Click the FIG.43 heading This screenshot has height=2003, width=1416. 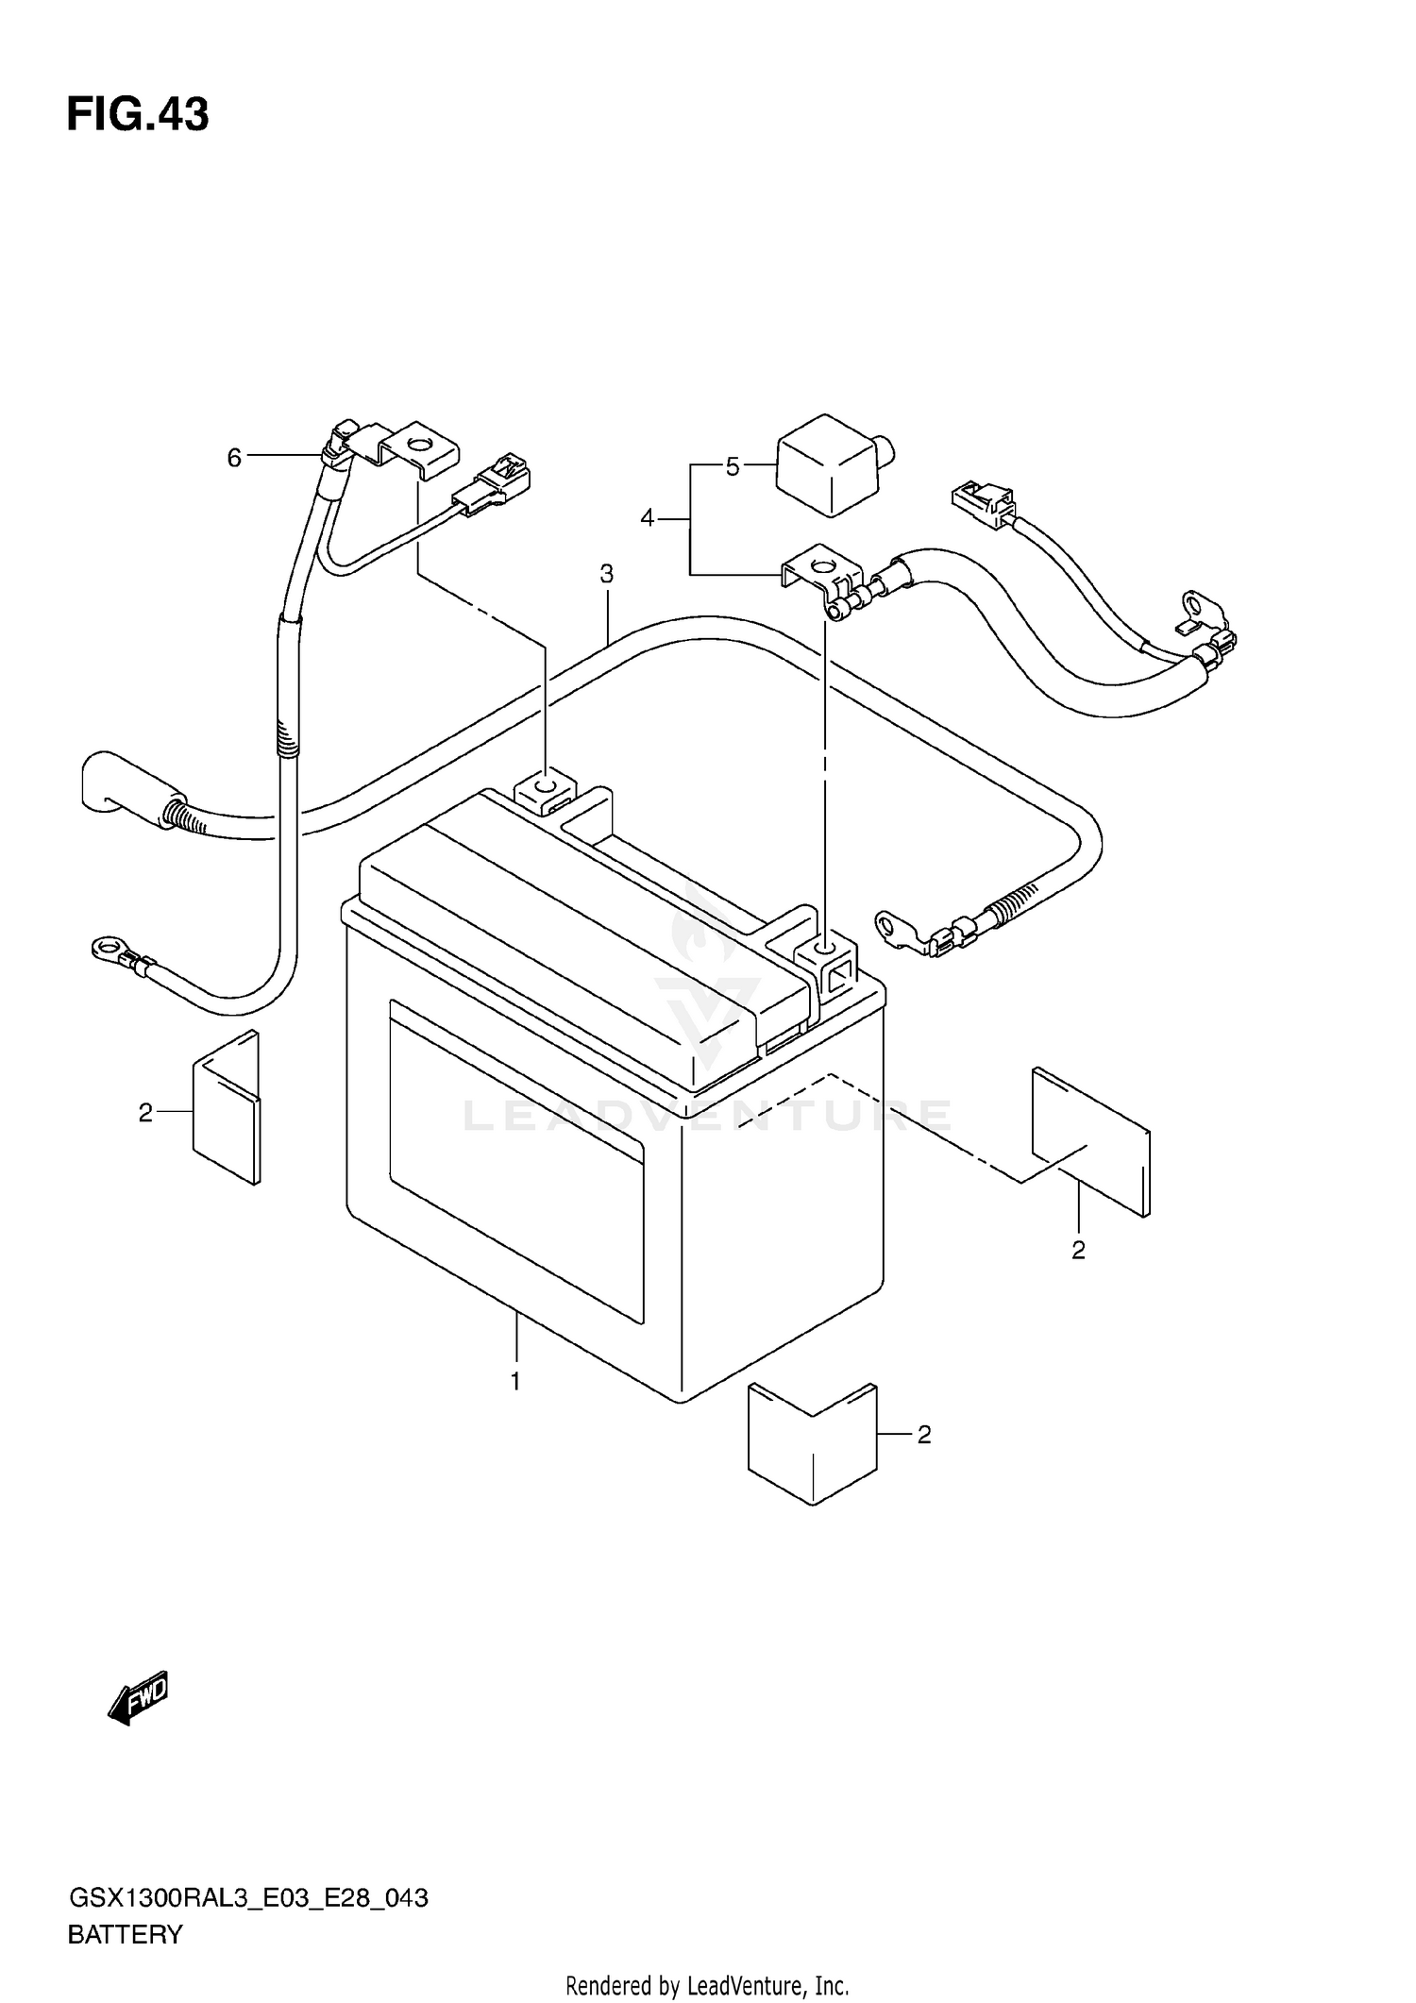(138, 115)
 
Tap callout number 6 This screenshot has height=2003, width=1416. (234, 458)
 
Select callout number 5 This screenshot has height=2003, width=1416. (733, 466)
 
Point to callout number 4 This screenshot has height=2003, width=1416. (647, 518)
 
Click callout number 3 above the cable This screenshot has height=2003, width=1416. (606, 574)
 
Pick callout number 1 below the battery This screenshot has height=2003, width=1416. (515, 1382)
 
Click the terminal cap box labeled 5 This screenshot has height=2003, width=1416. (831, 464)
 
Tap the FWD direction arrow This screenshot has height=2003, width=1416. (139, 1701)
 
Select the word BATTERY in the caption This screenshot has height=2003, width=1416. (125, 1935)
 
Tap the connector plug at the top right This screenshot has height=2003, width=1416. (982, 502)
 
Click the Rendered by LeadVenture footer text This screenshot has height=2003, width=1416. (707, 1986)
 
